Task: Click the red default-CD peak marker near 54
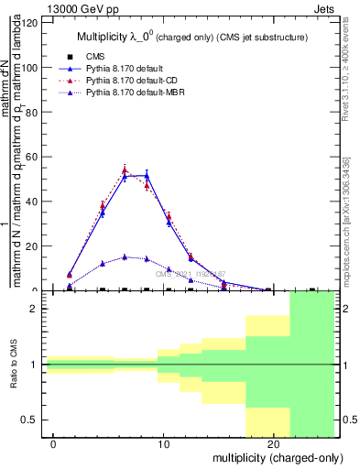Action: pos(125,170)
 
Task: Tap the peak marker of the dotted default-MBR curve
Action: pos(125,256)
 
